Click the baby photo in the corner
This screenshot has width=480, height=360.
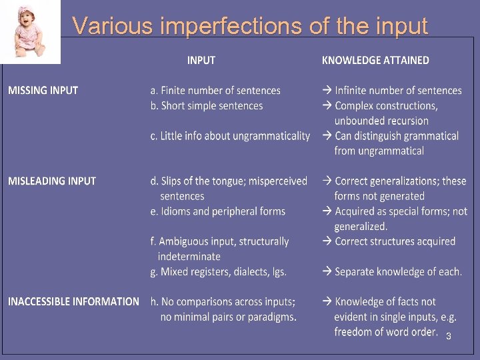[x=31, y=32]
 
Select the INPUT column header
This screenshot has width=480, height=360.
[x=201, y=60]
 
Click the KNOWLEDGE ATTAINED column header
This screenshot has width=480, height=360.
[x=375, y=60]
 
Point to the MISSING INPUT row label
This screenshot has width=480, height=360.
[x=43, y=90]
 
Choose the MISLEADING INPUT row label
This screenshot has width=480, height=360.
[x=52, y=181]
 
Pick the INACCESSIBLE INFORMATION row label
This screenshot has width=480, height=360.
[x=73, y=301]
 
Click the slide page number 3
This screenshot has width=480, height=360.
[x=449, y=337]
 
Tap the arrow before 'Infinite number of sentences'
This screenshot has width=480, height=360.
[x=327, y=90]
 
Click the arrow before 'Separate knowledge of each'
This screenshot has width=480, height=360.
[x=327, y=271]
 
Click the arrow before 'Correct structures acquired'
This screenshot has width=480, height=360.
[x=327, y=241]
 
